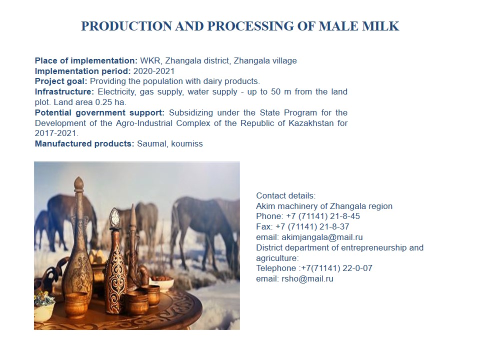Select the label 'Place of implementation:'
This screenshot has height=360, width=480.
(86, 60)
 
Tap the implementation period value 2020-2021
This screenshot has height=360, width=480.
(154, 71)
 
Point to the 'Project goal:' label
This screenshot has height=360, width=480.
(61, 81)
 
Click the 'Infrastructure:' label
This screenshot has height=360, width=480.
(64, 92)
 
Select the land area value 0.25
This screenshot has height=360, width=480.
(103, 102)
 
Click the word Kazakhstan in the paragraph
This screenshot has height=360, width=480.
(311, 123)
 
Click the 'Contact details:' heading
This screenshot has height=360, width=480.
(285, 195)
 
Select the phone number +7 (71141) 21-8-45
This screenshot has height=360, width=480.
(323, 216)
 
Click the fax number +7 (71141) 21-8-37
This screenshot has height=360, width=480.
(312, 227)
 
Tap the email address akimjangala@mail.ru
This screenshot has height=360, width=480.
(322, 237)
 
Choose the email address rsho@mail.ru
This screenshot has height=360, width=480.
(307, 279)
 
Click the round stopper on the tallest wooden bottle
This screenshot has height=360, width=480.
(78, 183)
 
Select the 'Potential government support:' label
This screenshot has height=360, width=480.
(99, 112)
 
